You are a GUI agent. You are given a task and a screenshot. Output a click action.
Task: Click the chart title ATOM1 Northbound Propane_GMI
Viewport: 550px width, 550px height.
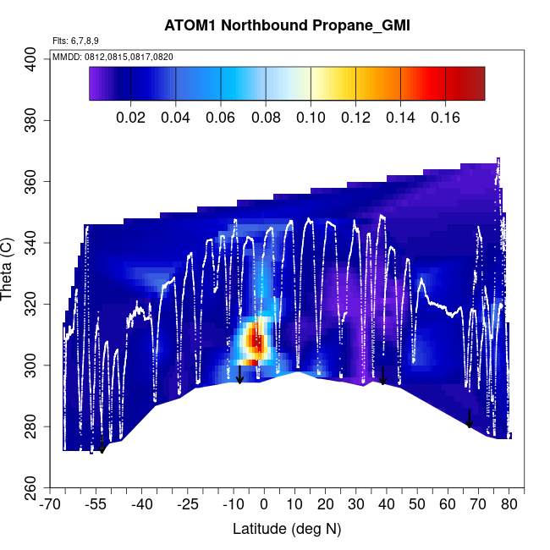(287, 25)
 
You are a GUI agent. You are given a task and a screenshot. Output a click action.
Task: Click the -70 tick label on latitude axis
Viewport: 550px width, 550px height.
(52, 505)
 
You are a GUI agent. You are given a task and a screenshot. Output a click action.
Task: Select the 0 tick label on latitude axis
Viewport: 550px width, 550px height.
(264, 505)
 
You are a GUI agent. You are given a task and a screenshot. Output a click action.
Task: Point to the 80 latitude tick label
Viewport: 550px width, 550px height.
(509, 505)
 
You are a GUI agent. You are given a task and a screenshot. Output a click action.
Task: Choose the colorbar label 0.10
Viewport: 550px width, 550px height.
(311, 117)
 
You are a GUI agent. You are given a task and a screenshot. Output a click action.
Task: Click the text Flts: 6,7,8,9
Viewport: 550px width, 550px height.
(75, 41)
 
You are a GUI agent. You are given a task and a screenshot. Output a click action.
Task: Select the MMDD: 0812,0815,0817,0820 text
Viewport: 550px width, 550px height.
(113, 57)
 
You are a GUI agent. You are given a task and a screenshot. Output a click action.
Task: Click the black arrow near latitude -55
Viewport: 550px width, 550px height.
(102, 444)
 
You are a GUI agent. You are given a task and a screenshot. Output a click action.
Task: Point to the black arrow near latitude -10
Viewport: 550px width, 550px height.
(239, 375)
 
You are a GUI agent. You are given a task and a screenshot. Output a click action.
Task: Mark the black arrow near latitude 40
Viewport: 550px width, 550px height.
(383, 376)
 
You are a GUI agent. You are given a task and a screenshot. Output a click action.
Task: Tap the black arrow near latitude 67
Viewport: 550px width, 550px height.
(470, 418)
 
